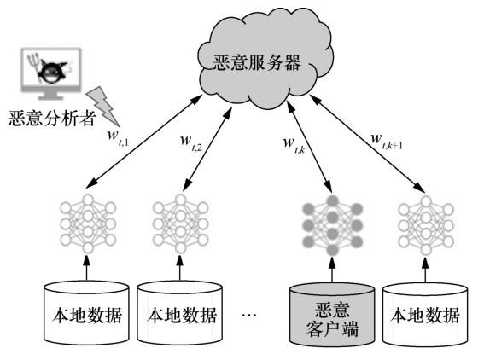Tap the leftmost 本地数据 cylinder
(x=85, y=313)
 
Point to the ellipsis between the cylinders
(x=248, y=316)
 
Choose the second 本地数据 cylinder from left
(x=179, y=313)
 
